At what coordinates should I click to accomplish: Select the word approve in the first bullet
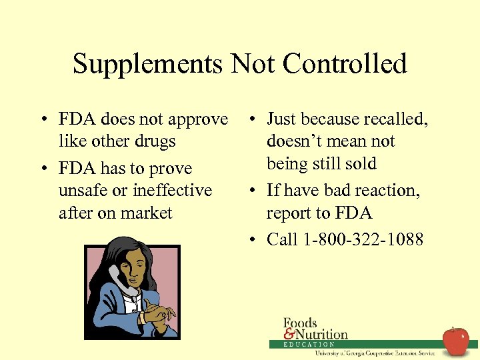pos(197,120)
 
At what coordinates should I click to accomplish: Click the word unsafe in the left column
pos(83,191)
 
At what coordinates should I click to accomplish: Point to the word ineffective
pos(172,191)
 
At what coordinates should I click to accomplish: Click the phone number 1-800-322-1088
pos(363,239)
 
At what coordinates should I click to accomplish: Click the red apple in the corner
pos(456,341)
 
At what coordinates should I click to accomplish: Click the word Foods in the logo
pos(300,323)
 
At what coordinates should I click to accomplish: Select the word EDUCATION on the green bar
pos(309,345)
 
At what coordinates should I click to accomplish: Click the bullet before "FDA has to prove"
pos(42,169)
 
